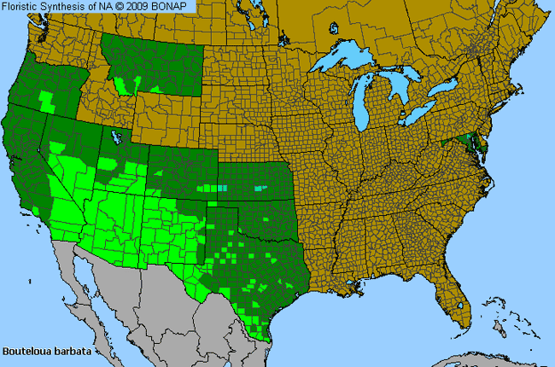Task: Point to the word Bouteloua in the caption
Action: [x=26, y=350]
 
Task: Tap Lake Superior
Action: [x=350, y=61]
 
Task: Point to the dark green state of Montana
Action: [x=154, y=60]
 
